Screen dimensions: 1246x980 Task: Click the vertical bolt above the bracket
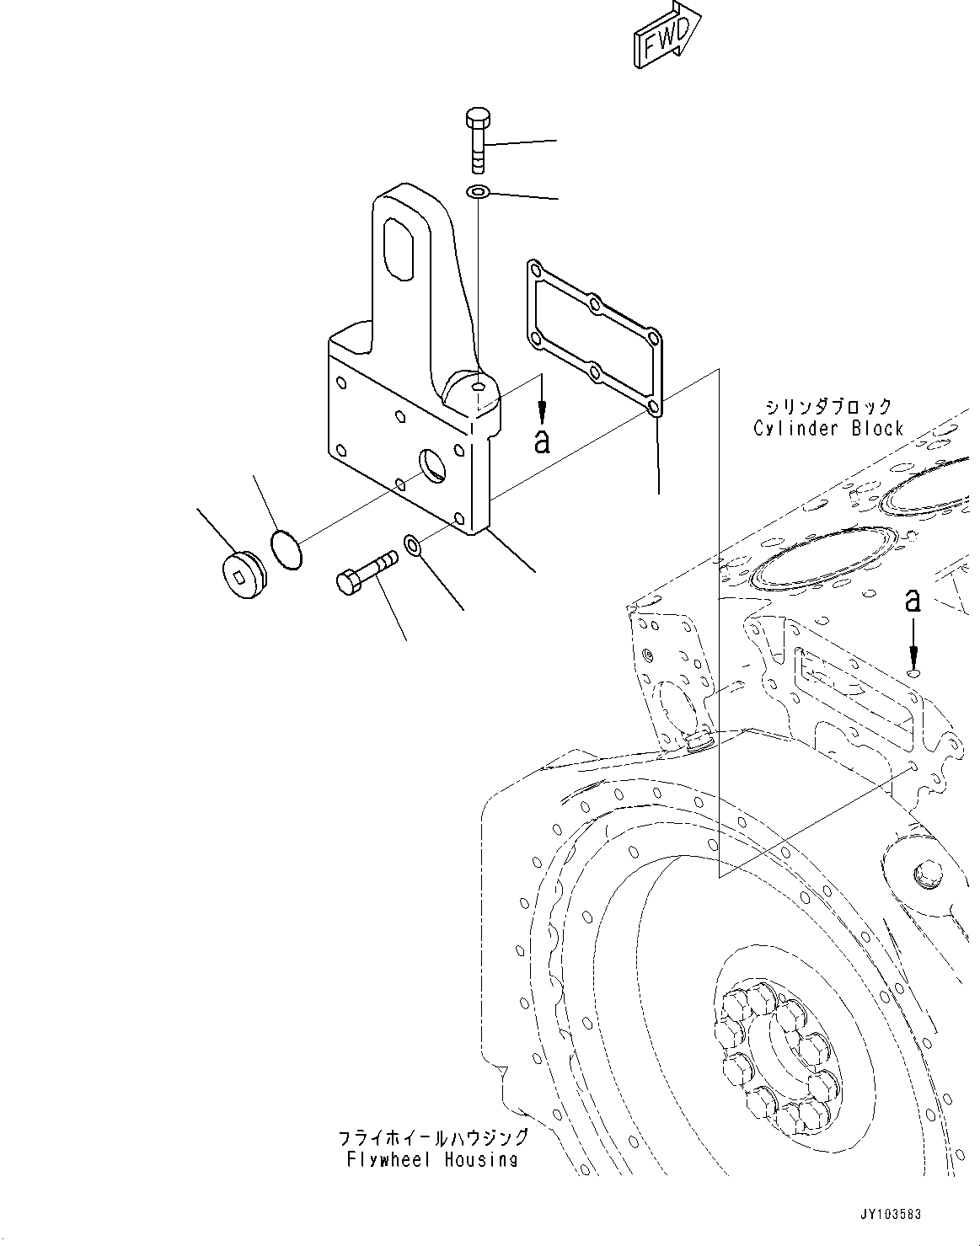(x=477, y=140)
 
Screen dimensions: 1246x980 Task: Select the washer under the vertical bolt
(x=478, y=193)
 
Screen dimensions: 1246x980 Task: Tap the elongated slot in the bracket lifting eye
(x=400, y=246)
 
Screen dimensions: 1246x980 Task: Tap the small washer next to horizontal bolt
(x=415, y=544)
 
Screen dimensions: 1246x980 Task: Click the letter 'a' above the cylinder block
(x=912, y=600)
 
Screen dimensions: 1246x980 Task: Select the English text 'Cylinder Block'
(x=828, y=428)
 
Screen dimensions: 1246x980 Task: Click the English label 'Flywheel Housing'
(x=432, y=1160)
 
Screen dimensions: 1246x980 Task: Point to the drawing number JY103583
(x=891, y=1214)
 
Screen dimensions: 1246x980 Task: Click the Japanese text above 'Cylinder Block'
(x=829, y=407)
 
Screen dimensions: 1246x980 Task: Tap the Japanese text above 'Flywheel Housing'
(x=433, y=1137)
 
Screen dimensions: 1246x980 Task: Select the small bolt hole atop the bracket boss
(x=479, y=387)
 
